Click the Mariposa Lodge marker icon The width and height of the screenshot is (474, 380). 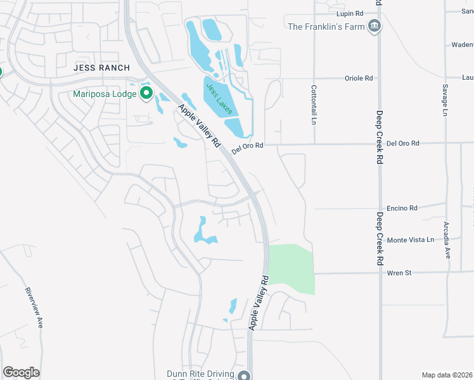[147, 94]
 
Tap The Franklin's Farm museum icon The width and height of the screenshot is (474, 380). [375, 26]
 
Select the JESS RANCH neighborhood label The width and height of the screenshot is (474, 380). [101, 68]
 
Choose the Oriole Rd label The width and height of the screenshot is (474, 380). [359, 78]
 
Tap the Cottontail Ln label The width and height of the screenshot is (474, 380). [313, 104]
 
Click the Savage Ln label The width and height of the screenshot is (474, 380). [445, 101]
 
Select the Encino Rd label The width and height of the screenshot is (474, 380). [402, 208]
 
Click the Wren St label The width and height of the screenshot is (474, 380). [399, 273]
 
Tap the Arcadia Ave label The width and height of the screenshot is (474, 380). [447, 244]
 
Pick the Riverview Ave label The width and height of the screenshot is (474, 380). [35, 307]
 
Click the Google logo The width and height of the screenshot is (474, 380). [21, 372]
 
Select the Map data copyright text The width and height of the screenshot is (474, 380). [447, 375]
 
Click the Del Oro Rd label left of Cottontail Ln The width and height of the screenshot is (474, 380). [247, 148]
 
